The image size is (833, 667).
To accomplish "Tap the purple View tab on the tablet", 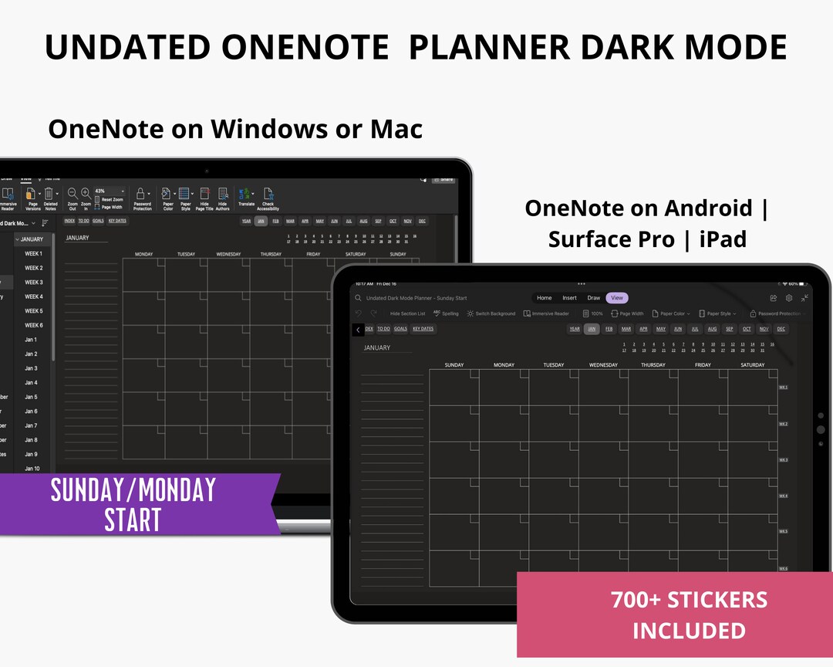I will [617, 298].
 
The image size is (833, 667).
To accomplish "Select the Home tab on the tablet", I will [545, 298].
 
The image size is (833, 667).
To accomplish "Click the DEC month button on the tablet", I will [781, 329].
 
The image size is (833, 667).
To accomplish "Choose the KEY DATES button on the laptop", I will [117, 221].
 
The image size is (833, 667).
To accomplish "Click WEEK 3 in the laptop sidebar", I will [33, 283].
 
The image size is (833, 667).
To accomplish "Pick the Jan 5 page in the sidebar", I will [31, 397].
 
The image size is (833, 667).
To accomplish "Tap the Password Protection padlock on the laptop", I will [142, 194].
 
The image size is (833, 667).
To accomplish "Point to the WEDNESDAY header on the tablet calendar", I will [603, 365].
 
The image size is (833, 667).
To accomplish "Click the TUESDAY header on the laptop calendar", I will [186, 254].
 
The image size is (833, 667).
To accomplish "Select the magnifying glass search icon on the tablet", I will [359, 298].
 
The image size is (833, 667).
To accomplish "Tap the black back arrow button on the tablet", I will [358, 330].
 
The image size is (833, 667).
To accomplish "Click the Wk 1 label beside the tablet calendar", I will [783, 388].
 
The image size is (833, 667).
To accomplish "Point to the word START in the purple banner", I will [133, 520].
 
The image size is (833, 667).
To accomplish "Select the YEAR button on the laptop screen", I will [246, 221].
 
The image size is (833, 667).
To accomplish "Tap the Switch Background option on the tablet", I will [491, 314].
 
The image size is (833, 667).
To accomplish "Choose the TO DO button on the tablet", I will [383, 329].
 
